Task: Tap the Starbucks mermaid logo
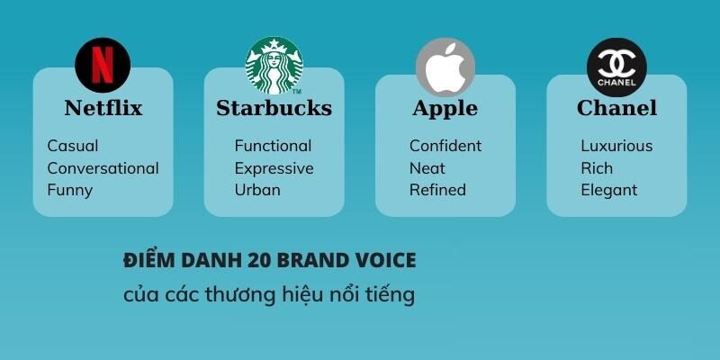(274, 66)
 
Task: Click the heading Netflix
(103, 109)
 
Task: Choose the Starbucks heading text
(274, 109)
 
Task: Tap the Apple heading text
(445, 109)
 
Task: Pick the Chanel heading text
(616, 109)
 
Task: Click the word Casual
(73, 146)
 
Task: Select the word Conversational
(103, 168)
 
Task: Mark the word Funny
(70, 190)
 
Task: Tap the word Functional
(273, 146)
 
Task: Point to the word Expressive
(274, 168)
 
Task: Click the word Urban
(257, 190)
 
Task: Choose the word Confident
(445, 146)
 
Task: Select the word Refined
(437, 190)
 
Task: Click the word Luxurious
(616, 146)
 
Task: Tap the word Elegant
(608, 190)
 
